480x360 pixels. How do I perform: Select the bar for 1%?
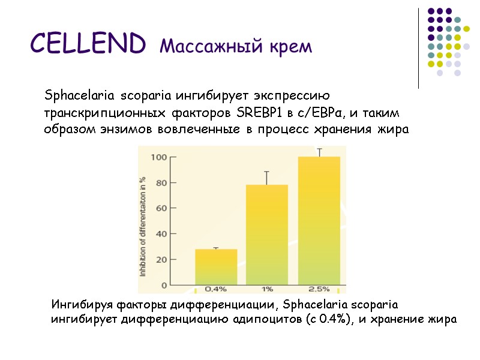267,235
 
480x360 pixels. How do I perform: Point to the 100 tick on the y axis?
159,158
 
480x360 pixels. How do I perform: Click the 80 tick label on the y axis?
161,183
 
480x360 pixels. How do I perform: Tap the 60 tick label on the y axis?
161,208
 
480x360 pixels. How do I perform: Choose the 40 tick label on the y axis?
161,233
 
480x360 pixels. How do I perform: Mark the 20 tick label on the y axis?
161,259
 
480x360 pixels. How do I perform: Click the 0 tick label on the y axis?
164,284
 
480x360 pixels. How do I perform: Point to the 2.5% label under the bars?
319,289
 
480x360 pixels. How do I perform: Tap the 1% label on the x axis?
267,289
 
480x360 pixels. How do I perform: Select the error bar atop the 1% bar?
267,178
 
